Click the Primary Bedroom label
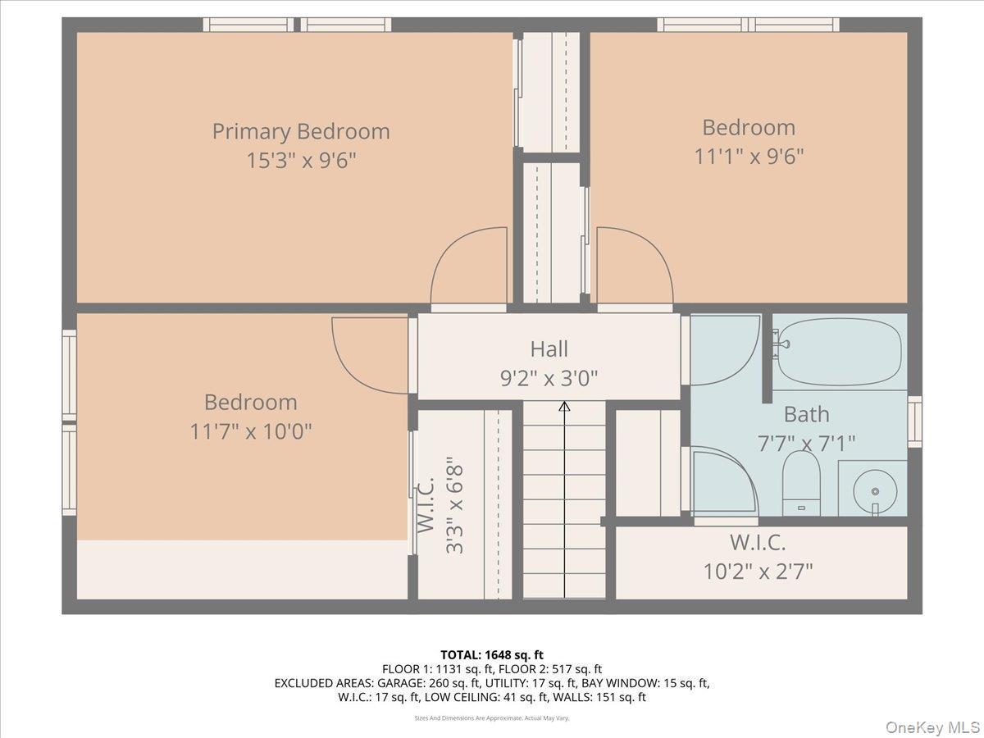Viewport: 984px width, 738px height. pos(301,131)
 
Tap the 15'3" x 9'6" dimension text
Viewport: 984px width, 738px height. pos(301,160)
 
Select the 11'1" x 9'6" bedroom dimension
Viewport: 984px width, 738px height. pos(749,156)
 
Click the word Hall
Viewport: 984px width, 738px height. pos(549,349)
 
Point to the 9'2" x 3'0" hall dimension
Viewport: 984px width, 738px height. pos(549,378)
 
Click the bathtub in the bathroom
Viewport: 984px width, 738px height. pos(840,352)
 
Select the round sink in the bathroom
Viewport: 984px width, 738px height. pos(874,490)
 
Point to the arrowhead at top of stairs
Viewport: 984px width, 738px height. pos(564,406)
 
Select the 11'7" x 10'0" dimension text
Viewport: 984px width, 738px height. pos(250,430)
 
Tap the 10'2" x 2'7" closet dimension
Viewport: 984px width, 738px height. pos(758,571)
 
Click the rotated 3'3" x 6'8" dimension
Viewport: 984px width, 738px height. pos(454,508)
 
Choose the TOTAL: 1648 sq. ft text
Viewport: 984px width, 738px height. pos(492,654)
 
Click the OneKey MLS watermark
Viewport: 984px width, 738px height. pos(933,727)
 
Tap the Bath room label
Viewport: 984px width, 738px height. pos(806,414)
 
